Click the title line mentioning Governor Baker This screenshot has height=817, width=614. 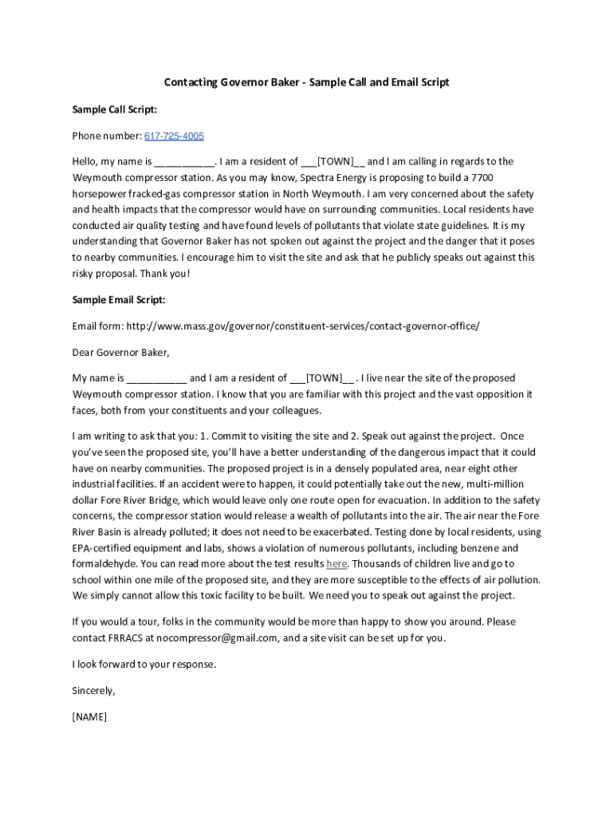click(306, 82)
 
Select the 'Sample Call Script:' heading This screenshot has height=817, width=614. click(114, 109)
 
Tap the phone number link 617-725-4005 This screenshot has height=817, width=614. click(174, 136)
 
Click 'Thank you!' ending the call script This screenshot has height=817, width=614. click(165, 273)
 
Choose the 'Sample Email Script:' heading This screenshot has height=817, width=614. click(119, 300)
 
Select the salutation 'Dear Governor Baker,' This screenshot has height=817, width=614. click(121, 352)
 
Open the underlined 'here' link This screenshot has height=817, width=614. click(337, 564)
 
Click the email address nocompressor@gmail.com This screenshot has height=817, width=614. click(217, 637)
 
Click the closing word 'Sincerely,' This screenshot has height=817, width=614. click(94, 690)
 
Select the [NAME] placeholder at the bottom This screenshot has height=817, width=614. click(89, 716)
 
